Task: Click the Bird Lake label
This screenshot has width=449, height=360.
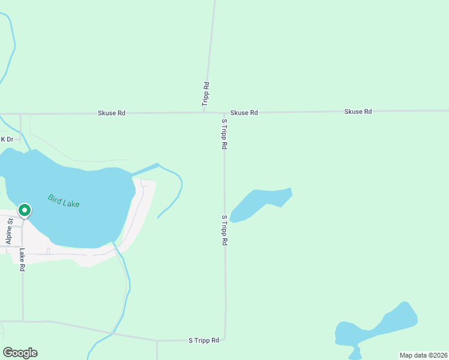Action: click(64, 200)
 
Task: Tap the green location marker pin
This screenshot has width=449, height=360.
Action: click(25, 211)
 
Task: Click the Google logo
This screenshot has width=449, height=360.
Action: click(20, 353)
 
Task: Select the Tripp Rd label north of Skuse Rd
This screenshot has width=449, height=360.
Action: click(206, 94)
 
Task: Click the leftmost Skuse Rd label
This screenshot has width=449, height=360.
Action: click(112, 113)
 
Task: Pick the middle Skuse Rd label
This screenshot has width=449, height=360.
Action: click(244, 112)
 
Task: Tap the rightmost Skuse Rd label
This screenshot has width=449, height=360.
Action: click(358, 112)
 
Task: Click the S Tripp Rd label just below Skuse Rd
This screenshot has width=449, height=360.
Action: click(224, 134)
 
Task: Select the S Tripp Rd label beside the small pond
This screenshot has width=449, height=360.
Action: click(224, 230)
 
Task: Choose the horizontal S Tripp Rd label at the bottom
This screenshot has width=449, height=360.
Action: click(203, 340)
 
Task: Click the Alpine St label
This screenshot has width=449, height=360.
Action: click(10, 230)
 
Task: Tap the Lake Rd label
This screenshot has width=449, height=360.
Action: click(22, 260)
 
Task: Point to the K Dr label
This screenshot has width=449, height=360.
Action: click(7, 139)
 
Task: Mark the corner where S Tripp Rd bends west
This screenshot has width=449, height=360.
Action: click(225, 338)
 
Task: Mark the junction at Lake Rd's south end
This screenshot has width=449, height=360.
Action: click(23, 321)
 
